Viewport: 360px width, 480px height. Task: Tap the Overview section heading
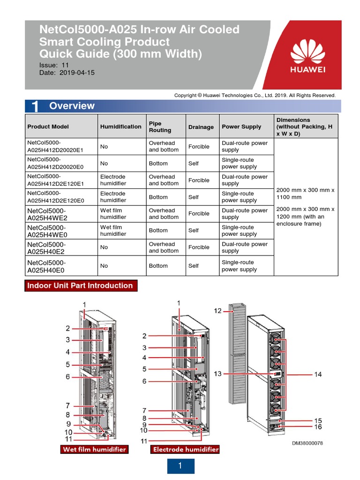pos(72,106)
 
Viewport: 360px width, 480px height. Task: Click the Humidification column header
pos(120,127)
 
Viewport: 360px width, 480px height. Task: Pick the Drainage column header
pos(201,127)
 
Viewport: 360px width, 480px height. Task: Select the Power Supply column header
pos(241,127)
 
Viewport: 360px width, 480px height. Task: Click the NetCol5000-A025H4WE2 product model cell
pos(47,214)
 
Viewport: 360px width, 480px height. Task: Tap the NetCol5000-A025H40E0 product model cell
pos(46,266)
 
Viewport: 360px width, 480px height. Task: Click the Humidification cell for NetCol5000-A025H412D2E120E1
pos(113,180)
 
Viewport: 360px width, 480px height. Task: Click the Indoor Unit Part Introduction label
pos(80,285)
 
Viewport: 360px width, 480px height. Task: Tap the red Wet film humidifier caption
pos(95,449)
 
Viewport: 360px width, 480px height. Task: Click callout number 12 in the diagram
pos(218,310)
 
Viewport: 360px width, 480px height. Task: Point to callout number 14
pos(318,374)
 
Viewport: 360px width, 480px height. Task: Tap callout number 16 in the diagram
pos(318,427)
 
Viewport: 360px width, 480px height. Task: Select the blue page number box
pos(180,466)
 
